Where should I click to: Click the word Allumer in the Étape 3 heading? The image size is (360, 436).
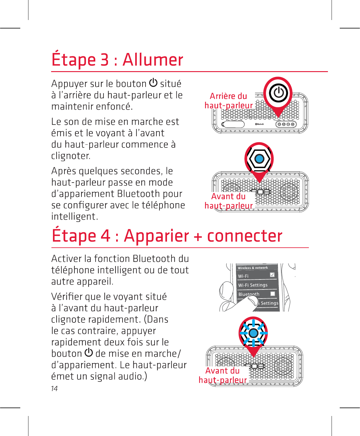tap(153, 60)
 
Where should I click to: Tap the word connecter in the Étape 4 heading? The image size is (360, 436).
tap(244, 236)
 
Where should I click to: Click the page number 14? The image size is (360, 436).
tap(54, 388)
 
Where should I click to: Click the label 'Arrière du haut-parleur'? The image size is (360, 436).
tap(228, 101)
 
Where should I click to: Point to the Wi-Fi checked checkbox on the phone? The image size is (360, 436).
tap(272, 275)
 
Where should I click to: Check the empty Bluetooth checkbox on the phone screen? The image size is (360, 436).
tap(273, 294)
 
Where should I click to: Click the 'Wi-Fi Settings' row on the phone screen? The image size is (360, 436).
tap(253, 285)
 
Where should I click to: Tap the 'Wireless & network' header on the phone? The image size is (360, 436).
tap(253, 268)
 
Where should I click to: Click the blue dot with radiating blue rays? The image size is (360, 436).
tap(253, 333)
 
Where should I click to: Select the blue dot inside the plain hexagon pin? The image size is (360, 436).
tap(259, 159)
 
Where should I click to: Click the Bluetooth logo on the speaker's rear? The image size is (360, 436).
tap(259, 124)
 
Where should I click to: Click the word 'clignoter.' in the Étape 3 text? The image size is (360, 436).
tap(71, 156)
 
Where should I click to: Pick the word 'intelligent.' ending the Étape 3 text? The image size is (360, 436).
tap(74, 216)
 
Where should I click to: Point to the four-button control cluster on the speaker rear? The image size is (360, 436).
tap(286, 124)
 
